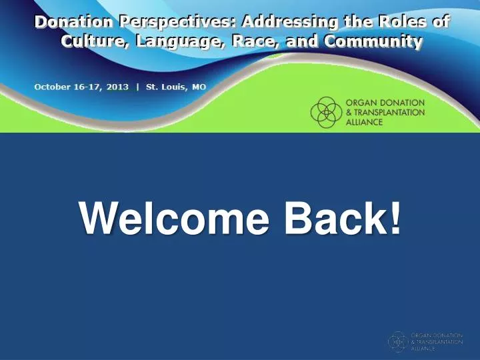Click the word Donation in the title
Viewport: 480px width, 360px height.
pyautogui.click(x=74, y=21)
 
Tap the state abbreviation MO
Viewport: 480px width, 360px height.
pyautogui.click(x=199, y=87)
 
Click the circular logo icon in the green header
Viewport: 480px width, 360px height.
pyautogui.click(x=326, y=112)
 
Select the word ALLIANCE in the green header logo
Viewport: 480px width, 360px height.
pyautogui.click(x=364, y=123)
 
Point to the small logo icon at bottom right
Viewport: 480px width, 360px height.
pyautogui.click(x=398, y=341)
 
